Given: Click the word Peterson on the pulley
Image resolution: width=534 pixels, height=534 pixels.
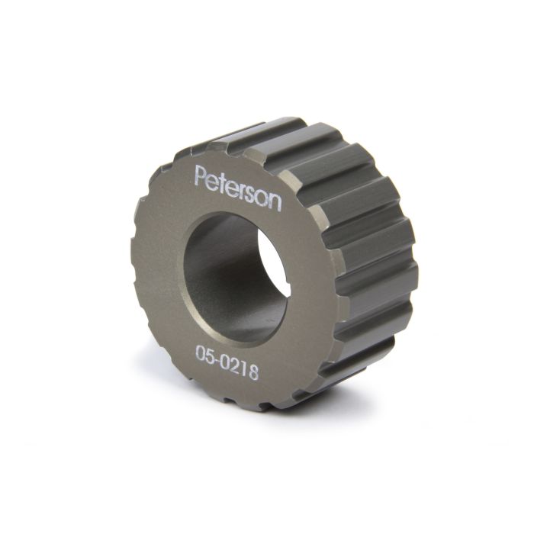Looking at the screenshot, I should click(237, 186).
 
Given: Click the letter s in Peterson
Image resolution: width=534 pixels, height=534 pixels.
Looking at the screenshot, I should click(253, 195).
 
